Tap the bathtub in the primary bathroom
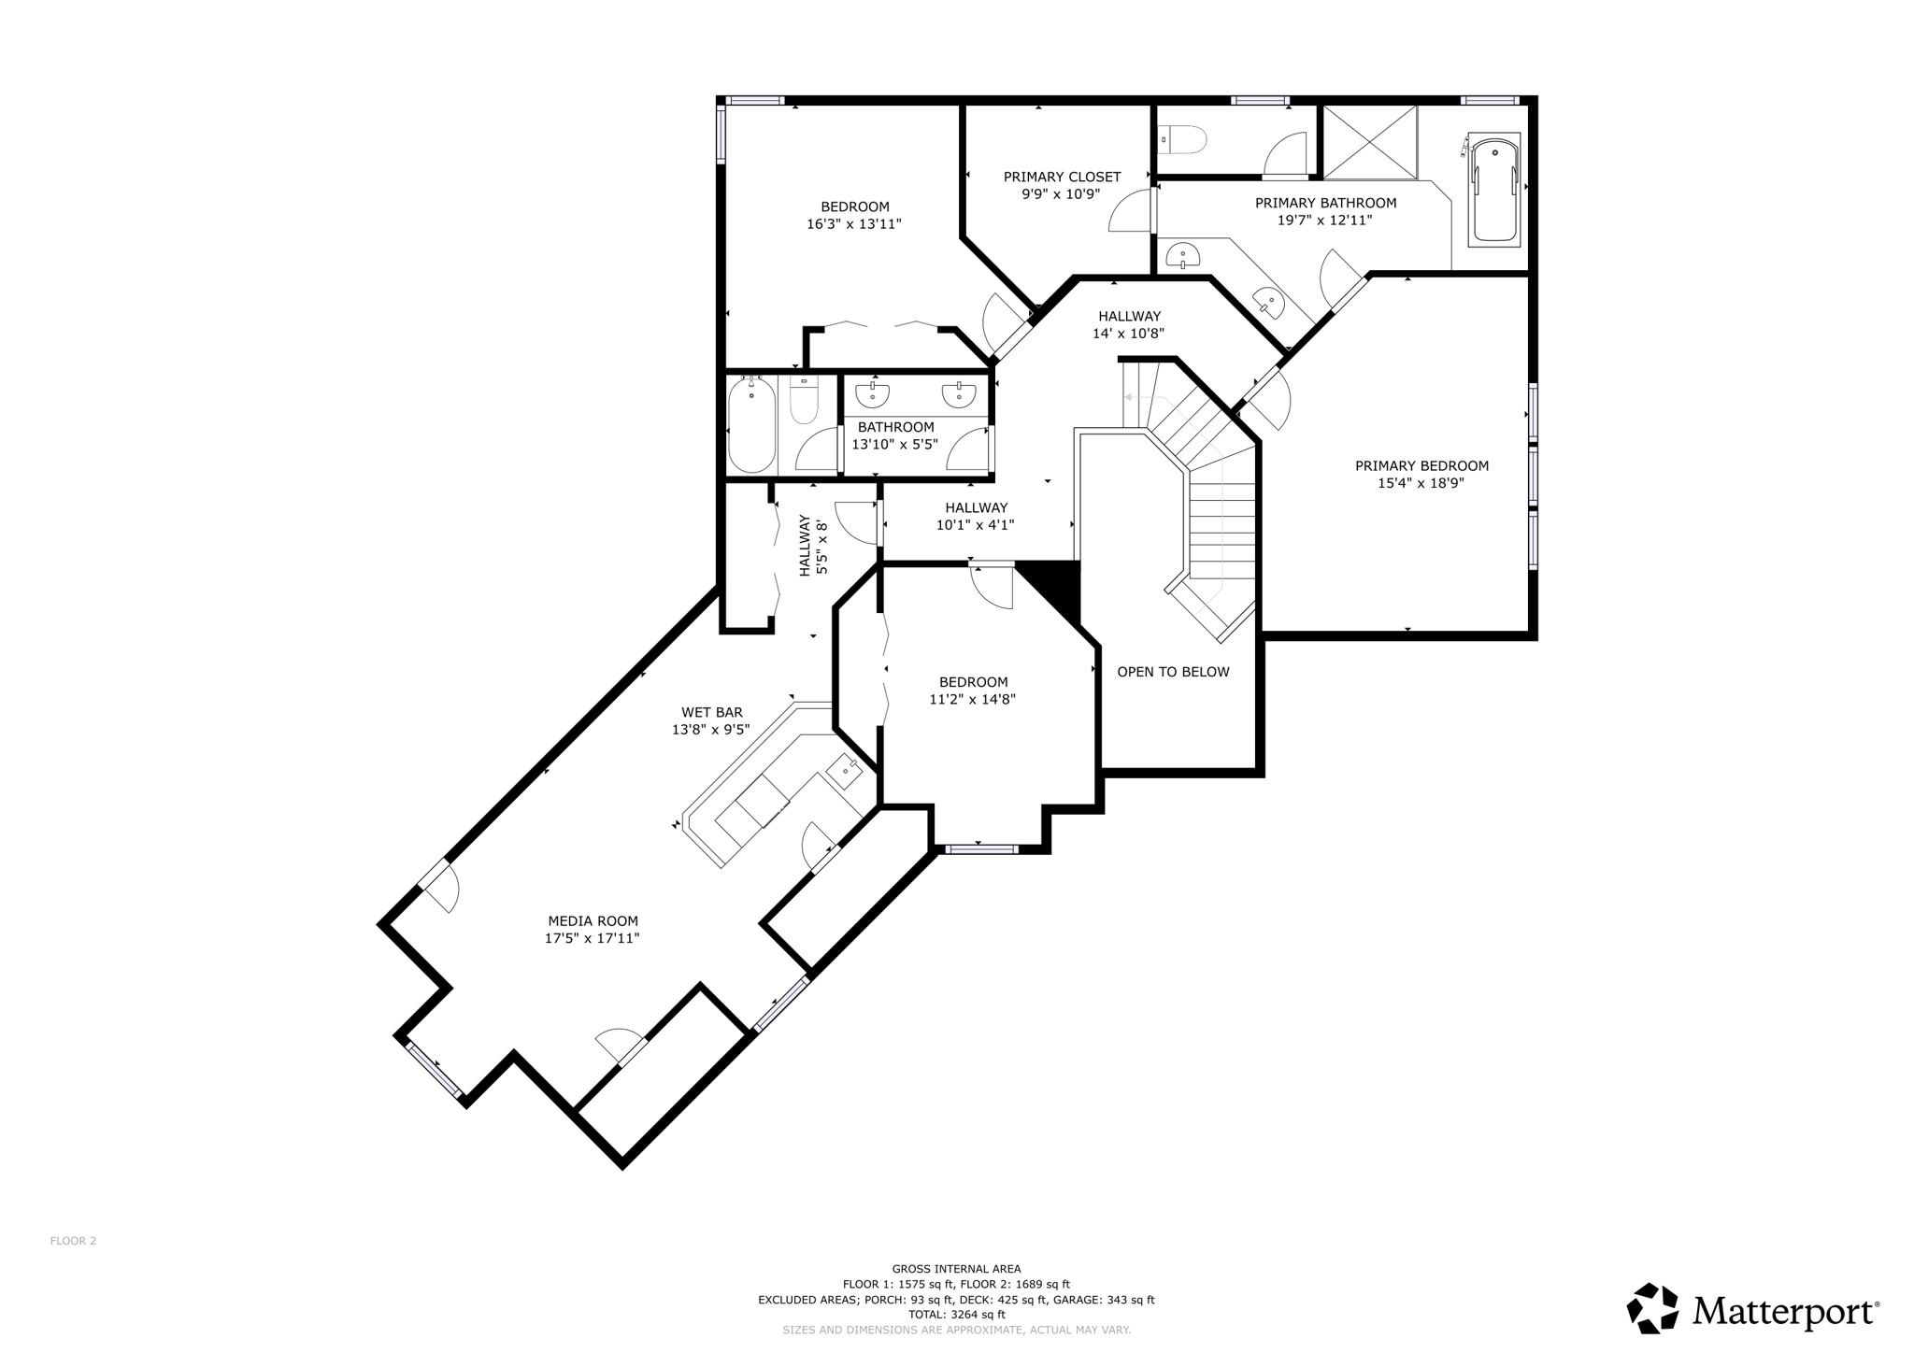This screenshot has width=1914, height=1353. click(x=1493, y=190)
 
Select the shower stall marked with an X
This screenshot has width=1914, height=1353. click(x=1370, y=142)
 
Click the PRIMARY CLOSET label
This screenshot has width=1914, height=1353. click(x=1062, y=177)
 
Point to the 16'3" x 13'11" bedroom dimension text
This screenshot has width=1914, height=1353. click(x=853, y=224)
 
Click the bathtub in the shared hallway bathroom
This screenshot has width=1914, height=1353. click(x=751, y=425)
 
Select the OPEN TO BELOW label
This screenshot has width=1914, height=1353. click(x=1173, y=672)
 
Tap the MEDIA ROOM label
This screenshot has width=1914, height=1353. click(x=593, y=921)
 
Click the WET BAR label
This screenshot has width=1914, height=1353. click(x=711, y=713)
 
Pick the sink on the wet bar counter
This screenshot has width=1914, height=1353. click(x=847, y=771)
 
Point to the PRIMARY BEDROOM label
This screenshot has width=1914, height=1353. click(x=1421, y=466)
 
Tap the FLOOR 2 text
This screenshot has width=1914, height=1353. click(x=73, y=1241)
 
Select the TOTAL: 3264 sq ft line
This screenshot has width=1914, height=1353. click(x=956, y=1315)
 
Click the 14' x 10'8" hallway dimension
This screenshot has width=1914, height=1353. click(x=1128, y=334)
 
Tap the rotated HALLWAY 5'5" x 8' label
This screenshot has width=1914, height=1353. click(x=813, y=546)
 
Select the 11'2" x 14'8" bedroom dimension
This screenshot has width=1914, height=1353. click(x=972, y=699)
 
